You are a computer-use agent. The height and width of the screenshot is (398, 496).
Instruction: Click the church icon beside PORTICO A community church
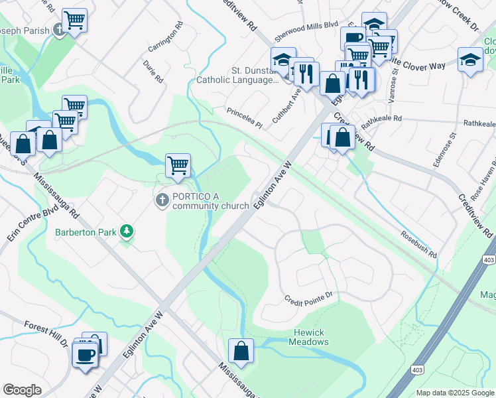click(x=161, y=200)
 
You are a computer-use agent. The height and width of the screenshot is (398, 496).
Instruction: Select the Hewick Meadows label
click(x=308, y=337)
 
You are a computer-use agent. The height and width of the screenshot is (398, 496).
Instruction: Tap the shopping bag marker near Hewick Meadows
click(x=241, y=350)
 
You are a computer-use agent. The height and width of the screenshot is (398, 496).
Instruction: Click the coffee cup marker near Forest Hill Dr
click(x=86, y=354)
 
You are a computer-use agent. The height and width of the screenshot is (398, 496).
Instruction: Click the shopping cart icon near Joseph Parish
click(x=74, y=20)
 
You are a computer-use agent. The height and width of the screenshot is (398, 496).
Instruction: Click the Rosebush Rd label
click(x=419, y=244)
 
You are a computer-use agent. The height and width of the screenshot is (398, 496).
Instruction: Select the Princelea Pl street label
click(x=245, y=118)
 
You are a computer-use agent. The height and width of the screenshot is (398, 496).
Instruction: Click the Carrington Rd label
click(x=166, y=39)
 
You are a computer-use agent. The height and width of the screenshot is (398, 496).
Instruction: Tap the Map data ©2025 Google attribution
click(x=454, y=393)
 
